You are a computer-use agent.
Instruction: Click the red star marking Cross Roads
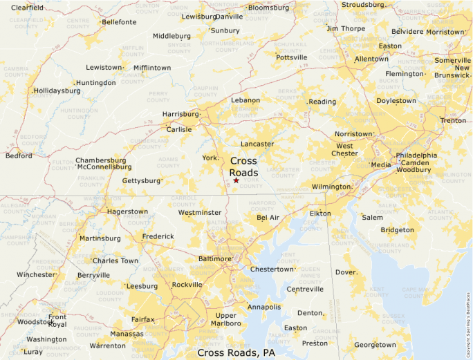(x=236, y=180)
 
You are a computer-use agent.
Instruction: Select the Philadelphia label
(x=416, y=155)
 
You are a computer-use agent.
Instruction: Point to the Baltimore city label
(x=214, y=258)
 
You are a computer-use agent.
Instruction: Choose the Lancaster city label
(x=257, y=144)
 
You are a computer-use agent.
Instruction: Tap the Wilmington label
(x=331, y=187)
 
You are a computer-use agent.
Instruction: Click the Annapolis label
(x=264, y=307)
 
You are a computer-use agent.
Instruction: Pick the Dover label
(x=346, y=272)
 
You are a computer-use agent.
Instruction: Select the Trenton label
(x=454, y=120)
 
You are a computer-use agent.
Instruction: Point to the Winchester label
(x=35, y=274)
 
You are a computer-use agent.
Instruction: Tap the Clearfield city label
(x=27, y=7)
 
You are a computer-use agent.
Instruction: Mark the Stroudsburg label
(x=364, y=4)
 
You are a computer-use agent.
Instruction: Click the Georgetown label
(x=375, y=345)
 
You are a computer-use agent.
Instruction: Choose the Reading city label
(x=322, y=102)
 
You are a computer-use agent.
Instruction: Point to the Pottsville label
(x=292, y=57)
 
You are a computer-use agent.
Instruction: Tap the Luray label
(x=33, y=352)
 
